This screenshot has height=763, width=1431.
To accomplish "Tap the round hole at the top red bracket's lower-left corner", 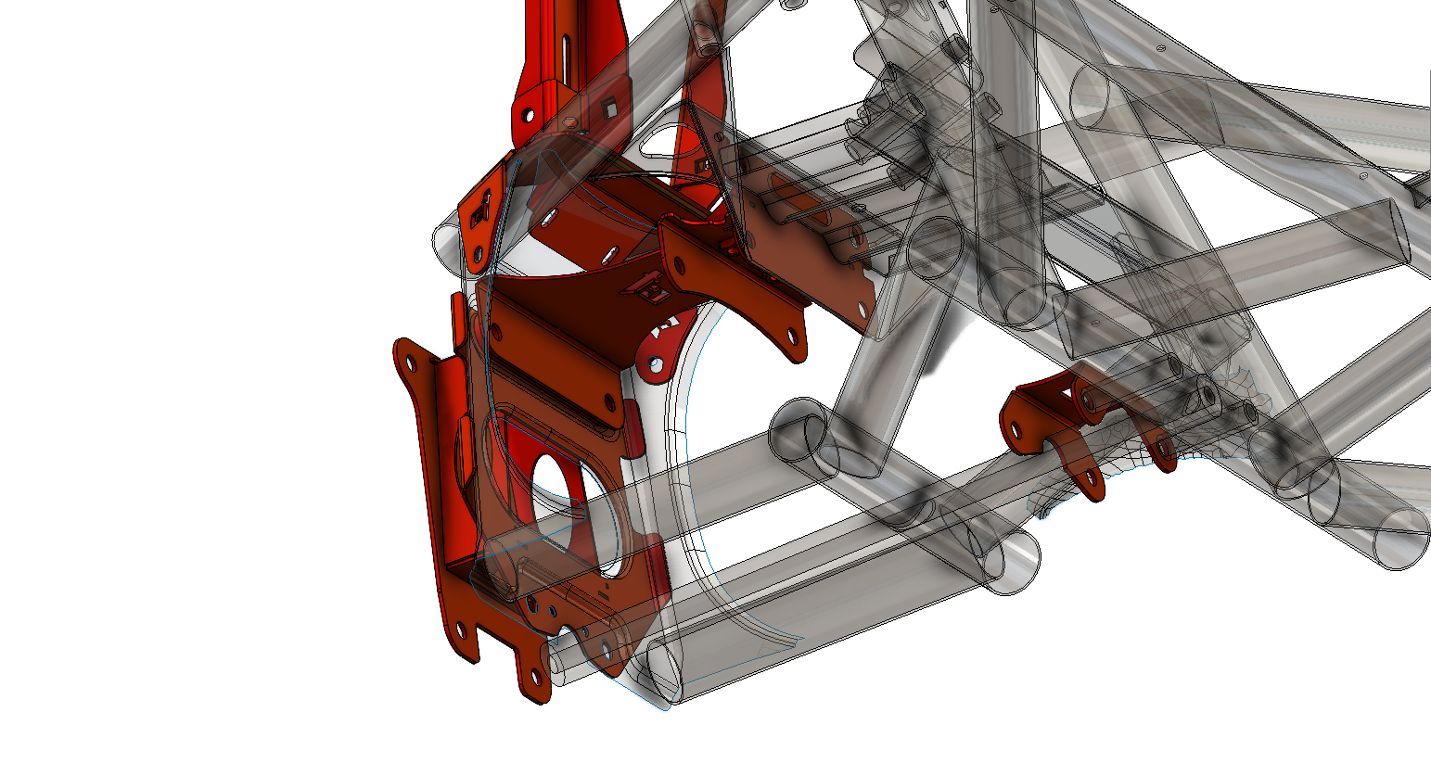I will (x=527, y=117).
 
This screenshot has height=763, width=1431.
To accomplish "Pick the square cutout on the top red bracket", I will (x=609, y=108).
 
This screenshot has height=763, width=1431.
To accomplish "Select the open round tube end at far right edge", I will (x=1400, y=539).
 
